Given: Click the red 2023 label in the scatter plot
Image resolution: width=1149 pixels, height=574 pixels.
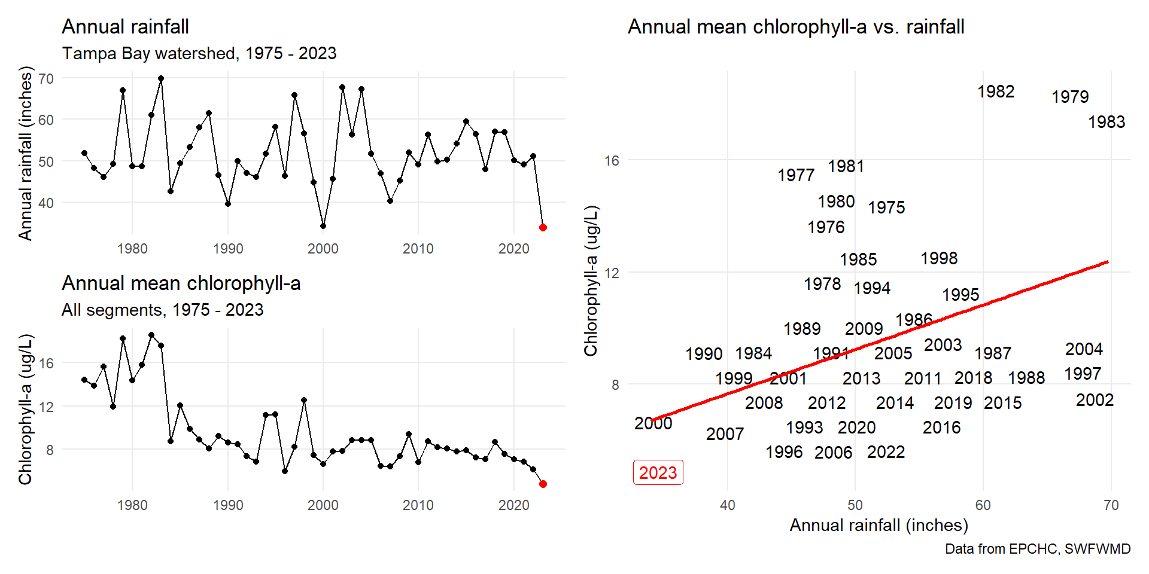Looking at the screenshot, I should coord(658,473).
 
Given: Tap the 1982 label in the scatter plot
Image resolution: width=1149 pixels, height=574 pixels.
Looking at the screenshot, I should coord(996,91).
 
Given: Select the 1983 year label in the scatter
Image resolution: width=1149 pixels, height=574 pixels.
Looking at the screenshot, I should coord(1107,122).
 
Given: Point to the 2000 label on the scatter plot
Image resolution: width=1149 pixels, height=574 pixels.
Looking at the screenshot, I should coord(653,423).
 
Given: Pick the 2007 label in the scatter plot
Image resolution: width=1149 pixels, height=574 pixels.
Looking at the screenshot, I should coord(725,434).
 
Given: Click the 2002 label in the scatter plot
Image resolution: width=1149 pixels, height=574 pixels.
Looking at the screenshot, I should coord(1095,400).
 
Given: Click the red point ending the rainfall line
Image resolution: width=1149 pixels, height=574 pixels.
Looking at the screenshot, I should coord(543,227).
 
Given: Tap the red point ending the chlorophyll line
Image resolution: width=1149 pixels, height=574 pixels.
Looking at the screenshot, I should coord(543,484).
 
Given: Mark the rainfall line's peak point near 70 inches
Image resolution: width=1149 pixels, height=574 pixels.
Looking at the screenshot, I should coord(161,78).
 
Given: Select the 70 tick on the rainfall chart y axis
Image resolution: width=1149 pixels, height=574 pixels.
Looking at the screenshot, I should coord(46,78).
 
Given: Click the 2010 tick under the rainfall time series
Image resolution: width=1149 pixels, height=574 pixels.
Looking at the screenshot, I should coord(418,249).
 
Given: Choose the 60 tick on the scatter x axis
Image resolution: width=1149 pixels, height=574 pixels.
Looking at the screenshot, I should coord(983,505).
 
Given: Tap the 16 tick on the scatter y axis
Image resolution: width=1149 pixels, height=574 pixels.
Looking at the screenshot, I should coord(612,160).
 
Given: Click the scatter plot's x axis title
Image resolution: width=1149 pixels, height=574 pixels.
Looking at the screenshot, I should coord(879,525).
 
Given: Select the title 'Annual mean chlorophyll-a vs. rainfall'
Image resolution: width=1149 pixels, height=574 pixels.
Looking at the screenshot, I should coord(796,27).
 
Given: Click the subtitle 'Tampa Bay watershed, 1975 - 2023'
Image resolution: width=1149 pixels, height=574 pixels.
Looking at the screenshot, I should coord(199,53).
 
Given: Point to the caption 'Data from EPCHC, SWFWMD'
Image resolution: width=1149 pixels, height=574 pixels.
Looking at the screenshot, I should coord(1038,549).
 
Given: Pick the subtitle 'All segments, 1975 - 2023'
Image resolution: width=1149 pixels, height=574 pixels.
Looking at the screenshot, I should coord(162,310).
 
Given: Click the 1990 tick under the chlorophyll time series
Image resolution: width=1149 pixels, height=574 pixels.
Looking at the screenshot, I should coord(228,505).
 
